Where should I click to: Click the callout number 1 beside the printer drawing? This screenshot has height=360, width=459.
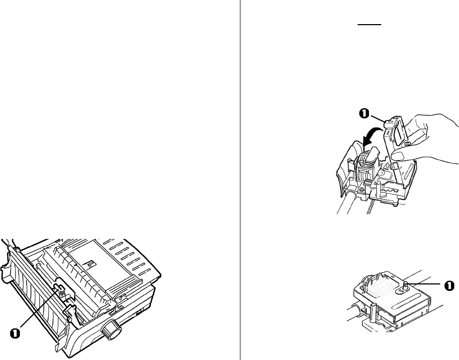click(15, 333)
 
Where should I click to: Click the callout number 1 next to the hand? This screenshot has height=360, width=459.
click(364, 114)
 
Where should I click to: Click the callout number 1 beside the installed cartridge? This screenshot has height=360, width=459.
click(449, 286)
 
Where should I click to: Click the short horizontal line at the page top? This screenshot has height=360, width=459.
click(369, 25)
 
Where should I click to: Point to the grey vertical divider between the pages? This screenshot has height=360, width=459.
click(240, 180)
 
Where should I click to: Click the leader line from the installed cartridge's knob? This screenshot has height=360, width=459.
click(426, 284)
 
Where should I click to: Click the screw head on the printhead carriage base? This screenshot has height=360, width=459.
click(362, 189)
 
